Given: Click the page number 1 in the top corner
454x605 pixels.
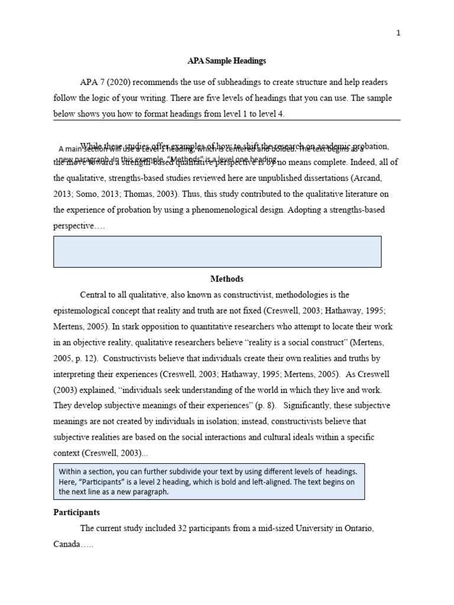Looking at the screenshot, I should coord(398,33).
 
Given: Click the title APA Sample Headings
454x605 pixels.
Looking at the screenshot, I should coord(226,61).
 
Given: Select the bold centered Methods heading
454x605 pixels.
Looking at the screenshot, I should coord(226,279).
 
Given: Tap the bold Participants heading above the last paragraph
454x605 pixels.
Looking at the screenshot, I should coord(76,512).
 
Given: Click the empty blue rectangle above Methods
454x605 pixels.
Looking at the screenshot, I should coord(217,252).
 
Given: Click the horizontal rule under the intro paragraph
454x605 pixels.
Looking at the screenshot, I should coord(226,121).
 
